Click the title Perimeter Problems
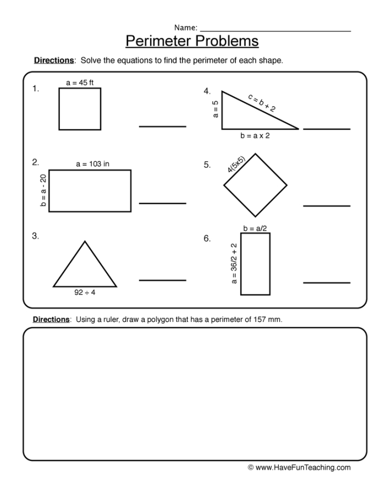pos(192,41)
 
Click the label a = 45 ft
pos(80,83)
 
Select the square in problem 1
pos(80,109)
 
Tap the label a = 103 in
pos(92,164)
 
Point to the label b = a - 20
pos(43,191)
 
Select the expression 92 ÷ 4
pos(85,293)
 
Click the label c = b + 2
pos(262,103)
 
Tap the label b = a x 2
pos(255,136)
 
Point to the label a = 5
pos(216,109)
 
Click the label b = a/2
pos(255,228)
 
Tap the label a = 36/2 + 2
pos(234,263)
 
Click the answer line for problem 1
pos(162,126)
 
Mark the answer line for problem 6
pos(327,283)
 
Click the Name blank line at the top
pos(275,31)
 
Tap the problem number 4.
pos(207,91)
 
